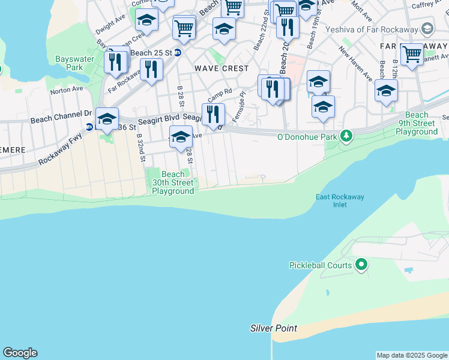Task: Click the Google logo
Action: pos(20,353)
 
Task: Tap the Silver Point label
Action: pos(274,328)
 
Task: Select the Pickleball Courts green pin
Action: pos(361,264)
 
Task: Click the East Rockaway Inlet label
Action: pos(340,200)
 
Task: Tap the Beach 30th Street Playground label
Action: pos(173,182)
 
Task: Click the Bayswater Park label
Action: pos(69,63)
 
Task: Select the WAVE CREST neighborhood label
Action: pos(221,68)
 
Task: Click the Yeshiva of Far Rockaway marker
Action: pos(427,29)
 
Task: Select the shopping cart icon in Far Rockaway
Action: pos(412,55)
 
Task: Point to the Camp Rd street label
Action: pos(220,95)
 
